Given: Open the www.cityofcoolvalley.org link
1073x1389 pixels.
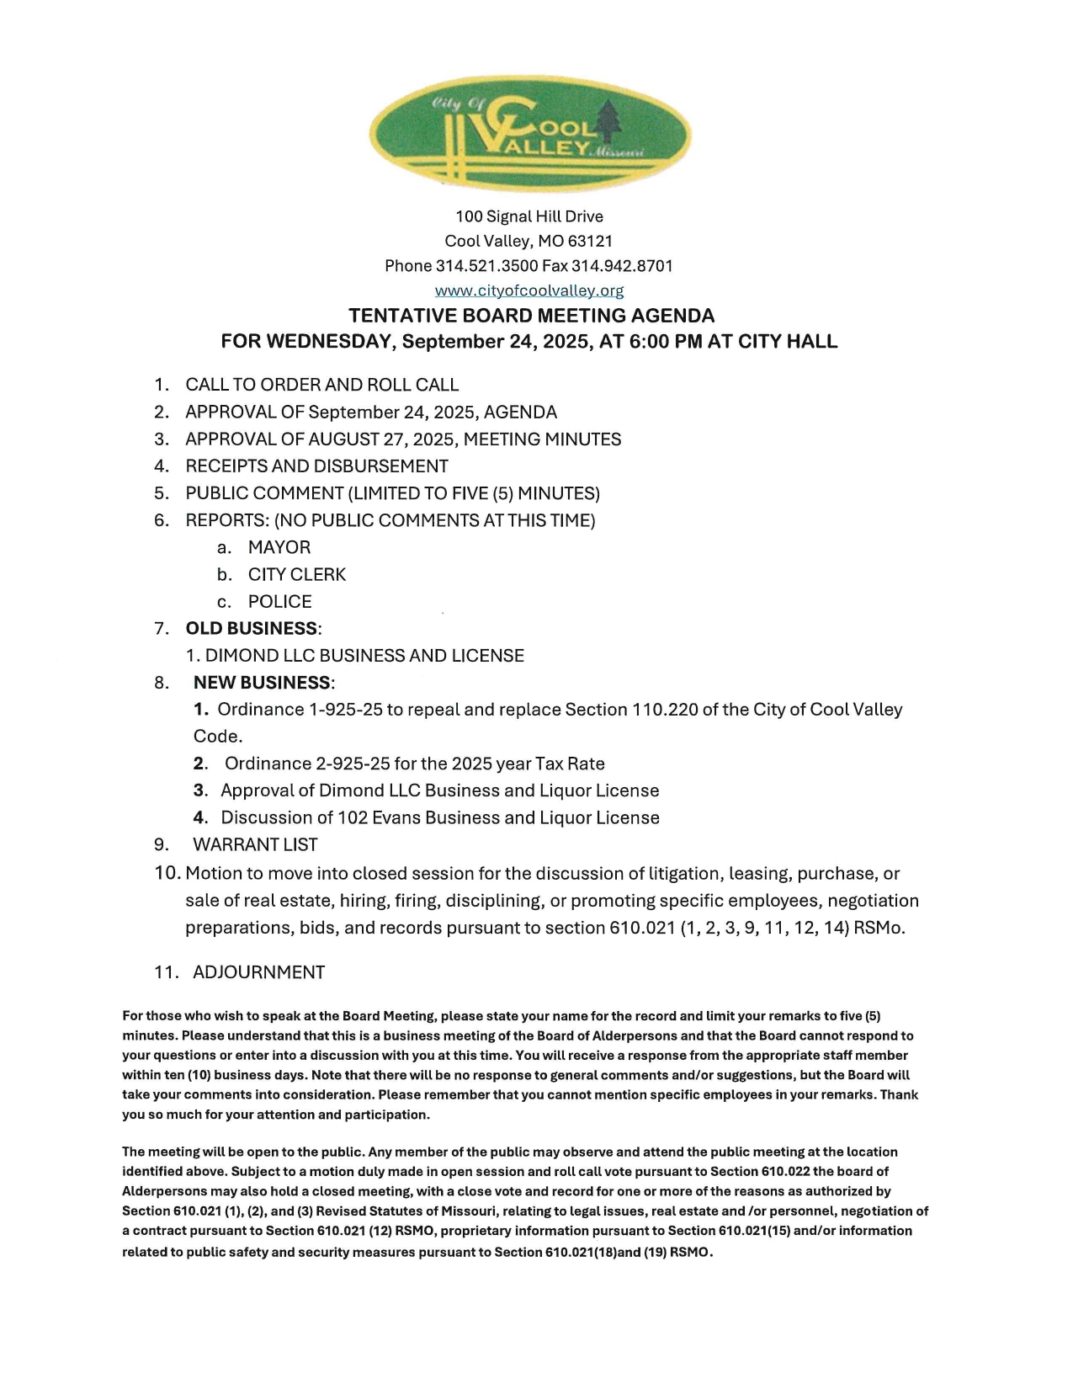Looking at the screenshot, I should [x=529, y=290].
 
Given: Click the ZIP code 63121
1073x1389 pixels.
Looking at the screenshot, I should [x=587, y=241].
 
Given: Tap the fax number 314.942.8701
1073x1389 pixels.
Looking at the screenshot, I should [x=622, y=266].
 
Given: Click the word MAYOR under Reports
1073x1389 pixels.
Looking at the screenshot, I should [x=279, y=547].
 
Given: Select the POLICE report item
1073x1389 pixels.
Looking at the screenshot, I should [x=279, y=602].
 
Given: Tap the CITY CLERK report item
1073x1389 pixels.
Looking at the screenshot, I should [x=296, y=574].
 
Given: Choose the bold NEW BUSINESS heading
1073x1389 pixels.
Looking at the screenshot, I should [x=262, y=683].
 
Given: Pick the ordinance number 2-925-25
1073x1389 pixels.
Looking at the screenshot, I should [x=352, y=764].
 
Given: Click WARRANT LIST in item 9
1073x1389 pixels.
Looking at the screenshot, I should [x=255, y=844].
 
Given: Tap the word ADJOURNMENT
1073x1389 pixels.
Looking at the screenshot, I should [x=258, y=972].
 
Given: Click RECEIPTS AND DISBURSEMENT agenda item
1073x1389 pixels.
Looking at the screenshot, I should [x=316, y=466].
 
